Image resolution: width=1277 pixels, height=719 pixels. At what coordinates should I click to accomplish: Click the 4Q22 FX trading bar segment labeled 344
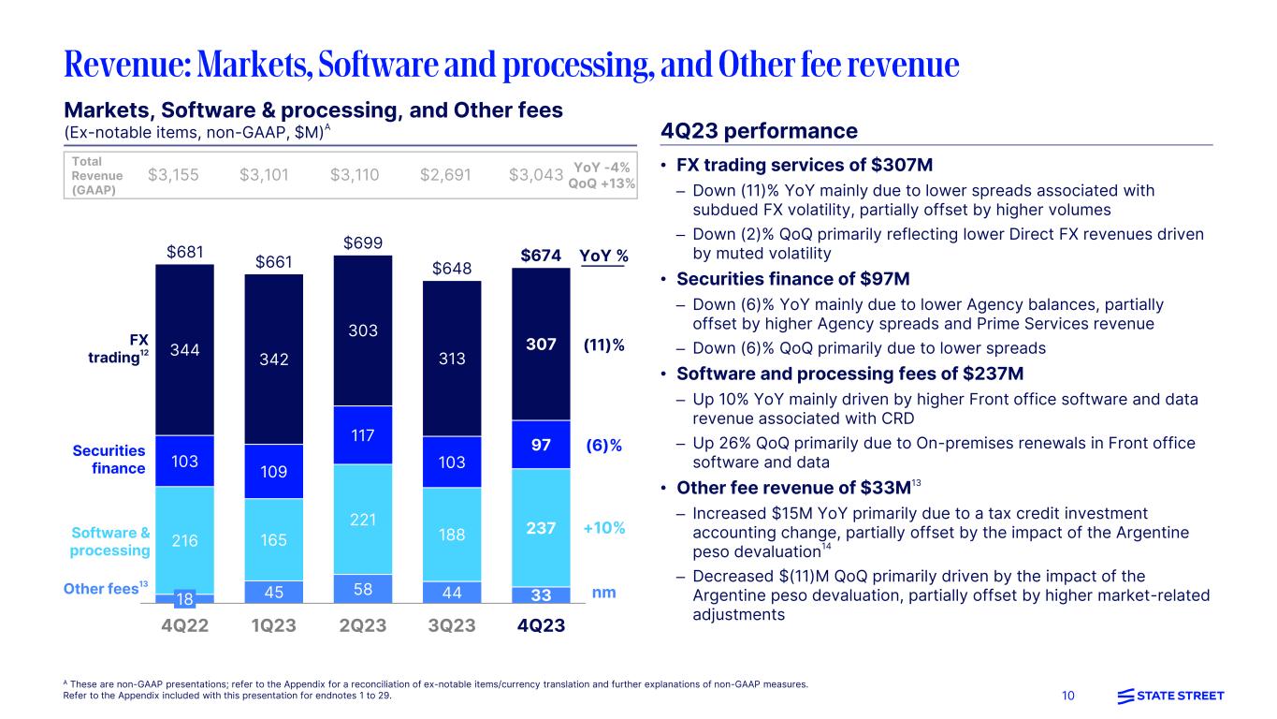pyautogui.click(x=185, y=350)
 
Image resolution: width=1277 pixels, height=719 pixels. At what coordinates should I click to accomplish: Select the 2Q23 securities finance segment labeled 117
pyautogui.click(x=363, y=434)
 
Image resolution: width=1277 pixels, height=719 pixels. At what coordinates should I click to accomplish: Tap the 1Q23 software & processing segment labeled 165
pyautogui.click(x=274, y=539)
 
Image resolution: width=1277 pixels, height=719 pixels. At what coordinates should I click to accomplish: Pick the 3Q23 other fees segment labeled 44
pyautogui.click(x=452, y=592)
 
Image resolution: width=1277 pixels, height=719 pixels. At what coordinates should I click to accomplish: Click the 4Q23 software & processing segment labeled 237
pyautogui.click(x=541, y=528)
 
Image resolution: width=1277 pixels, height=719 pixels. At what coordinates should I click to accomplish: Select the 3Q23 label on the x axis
pyautogui.click(x=452, y=624)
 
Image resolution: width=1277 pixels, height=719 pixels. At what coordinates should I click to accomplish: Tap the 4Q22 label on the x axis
pyautogui.click(x=184, y=624)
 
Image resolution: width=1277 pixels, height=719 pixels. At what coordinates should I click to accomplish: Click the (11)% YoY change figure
pyautogui.click(x=603, y=345)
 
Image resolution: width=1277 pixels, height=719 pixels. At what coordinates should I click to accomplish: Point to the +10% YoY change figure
pyautogui.click(x=603, y=528)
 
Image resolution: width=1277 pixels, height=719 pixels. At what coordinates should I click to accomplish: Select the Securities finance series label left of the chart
pyautogui.click(x=110, y=459)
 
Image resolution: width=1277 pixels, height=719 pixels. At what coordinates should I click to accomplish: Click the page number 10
pyautogui.click(x=1069, y=696)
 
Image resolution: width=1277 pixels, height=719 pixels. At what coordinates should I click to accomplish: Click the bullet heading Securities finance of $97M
pyautogui.click(x=792, y=278)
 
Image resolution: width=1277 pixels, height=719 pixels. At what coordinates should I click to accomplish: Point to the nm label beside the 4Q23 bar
pyautogui.click(x=603, y=593)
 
